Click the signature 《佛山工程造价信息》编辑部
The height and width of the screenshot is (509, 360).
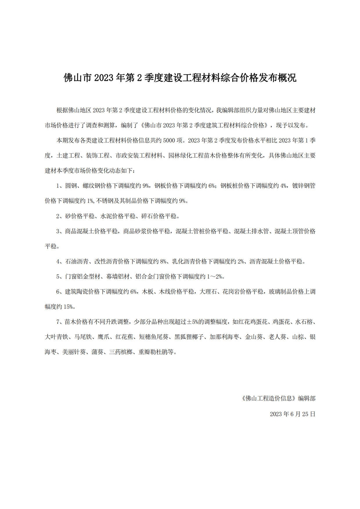(278, 398)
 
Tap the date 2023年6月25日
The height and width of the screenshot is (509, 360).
(292, 414)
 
